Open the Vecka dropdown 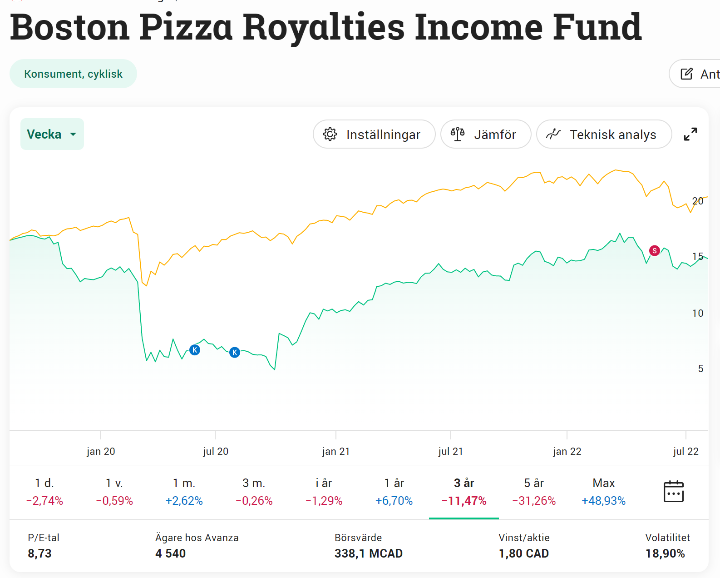[x=52, y=134]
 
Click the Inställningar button [x=374, y=135]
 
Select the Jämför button [x=485, y=135]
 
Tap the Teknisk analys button [x=603, y=135]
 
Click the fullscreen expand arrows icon [x=690, y=134]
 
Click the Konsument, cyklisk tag [x=73, y=74]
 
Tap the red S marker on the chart [x=654, y=250]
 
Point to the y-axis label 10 [x=697, y=313]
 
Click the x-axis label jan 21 [x=335, y=451]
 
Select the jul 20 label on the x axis [x=215, y=451]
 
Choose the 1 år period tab [x=394, y=492]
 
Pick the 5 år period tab [x=534, y=492]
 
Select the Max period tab [x=603, y=492]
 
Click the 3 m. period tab [x=254, y=492]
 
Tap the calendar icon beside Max [x=673, y=491]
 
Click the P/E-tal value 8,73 [x=39, y=553]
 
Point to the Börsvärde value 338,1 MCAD [x=368, y=553]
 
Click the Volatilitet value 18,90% [x=665, y=553]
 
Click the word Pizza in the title [x=186, y=27]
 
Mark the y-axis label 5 [x=700, y=369]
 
